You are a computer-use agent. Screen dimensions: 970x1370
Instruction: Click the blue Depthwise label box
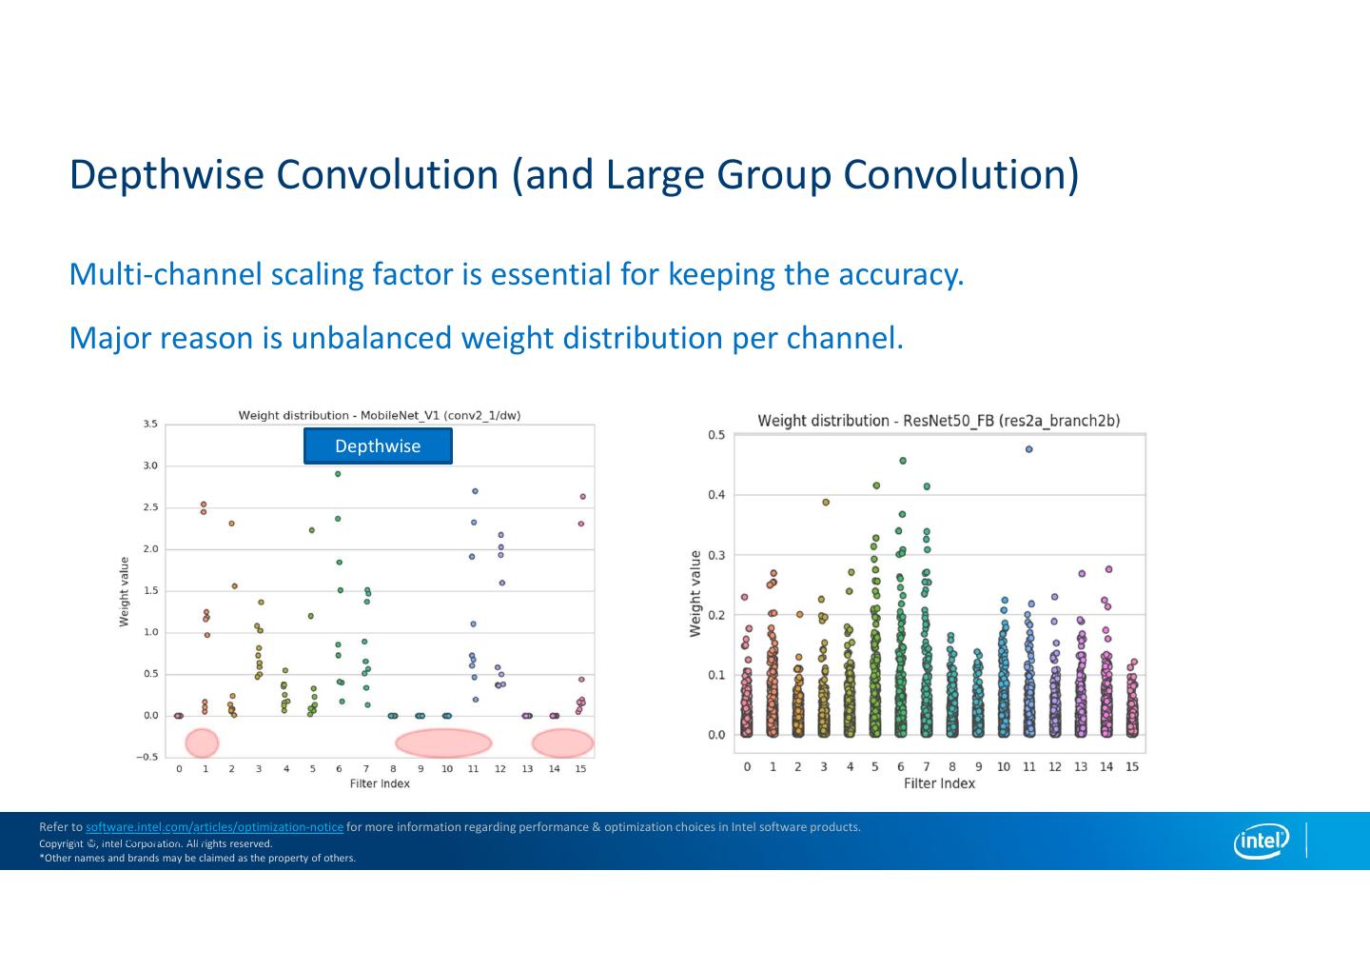(378, 446)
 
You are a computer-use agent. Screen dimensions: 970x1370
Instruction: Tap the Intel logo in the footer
(1262, 841)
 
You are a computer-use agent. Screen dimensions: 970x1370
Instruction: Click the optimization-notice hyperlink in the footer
(214, 827)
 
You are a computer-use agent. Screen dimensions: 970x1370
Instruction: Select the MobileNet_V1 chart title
(379, 415)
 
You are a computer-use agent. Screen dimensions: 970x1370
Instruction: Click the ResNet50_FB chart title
(938, 421)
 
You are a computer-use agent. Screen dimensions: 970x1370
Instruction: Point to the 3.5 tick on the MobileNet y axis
(150, 424)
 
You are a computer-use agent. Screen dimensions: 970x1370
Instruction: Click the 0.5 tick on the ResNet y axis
(716, 435)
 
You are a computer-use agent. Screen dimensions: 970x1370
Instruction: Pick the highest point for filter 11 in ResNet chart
(1028, 449)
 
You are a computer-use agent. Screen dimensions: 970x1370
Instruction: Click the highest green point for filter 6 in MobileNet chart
(338, 474)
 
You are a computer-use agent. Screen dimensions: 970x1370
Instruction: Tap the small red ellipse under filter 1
(202, 742)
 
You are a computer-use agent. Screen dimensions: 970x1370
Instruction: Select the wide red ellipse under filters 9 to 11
(443, 742)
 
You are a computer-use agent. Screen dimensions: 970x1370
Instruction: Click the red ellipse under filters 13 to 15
(562, 742)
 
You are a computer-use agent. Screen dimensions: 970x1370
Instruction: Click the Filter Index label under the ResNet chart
(939, 783)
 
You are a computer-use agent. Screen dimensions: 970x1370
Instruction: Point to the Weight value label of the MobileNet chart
(124, 592)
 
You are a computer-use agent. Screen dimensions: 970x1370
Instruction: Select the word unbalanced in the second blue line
(371, 338)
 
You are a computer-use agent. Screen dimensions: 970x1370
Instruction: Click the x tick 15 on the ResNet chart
(1131, 767)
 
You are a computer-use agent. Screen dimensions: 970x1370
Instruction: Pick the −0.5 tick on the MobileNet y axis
(147, 758)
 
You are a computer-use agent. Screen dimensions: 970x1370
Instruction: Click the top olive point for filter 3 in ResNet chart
(826, 502)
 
